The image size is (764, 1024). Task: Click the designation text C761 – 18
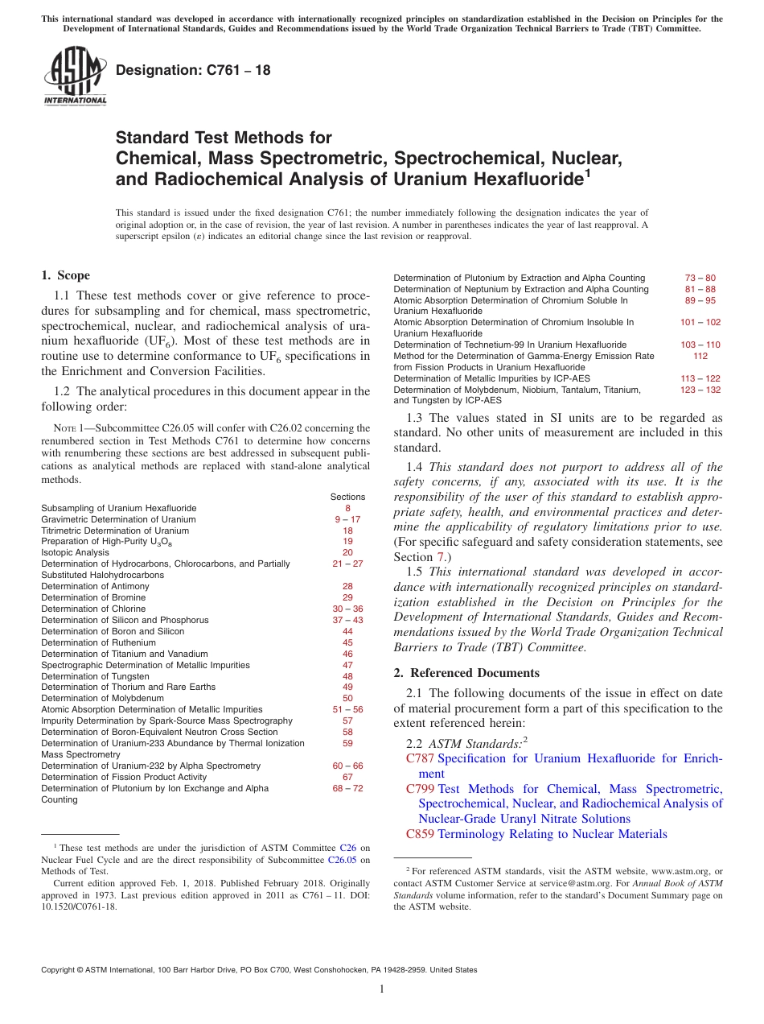click(193, 70)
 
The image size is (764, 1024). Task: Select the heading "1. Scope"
click(65, 275)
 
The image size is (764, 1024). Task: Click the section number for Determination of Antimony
click(347, 587)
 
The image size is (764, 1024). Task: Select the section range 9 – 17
click(347, 519)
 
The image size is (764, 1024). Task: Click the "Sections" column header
click(347, 497)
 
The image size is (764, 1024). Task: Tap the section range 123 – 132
click(700, 390)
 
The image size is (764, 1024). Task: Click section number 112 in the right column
click(700, 356)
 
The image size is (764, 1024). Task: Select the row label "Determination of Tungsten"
click(95, 677)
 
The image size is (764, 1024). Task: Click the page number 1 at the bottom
click(382, 989)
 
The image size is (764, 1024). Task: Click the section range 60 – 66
click(347, 766)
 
